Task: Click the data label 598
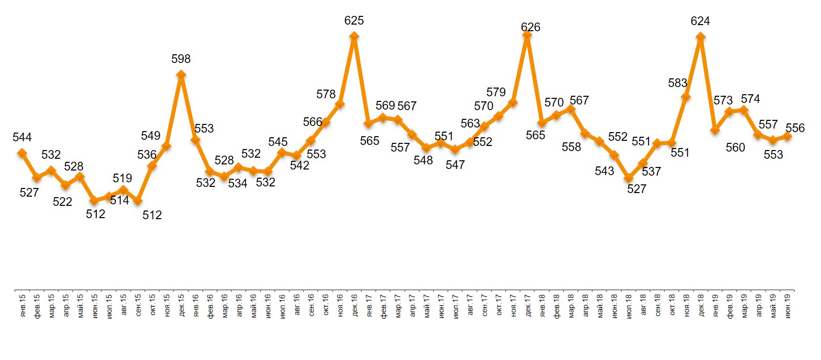(181, 59)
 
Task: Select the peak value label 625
(354, 20)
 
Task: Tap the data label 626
(530, 27)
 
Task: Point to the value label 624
(700, 21)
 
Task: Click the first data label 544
(22, 137)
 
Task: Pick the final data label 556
(795, 128)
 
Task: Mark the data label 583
(677, 83)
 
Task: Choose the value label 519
(122, 178)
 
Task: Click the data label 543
(604, 171)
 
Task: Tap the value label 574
(750, 99)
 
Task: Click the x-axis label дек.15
(181, 305)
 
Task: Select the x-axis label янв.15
(22, 305)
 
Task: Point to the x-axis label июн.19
(788, 305)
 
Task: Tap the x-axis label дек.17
(528, 305)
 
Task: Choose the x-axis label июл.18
(629, 305)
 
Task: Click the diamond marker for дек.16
(354, 36)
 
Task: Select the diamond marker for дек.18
(701, 36)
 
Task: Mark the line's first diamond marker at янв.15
(22, 153)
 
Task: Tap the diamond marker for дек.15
(181, 75)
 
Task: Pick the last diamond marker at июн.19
(788, 136)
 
